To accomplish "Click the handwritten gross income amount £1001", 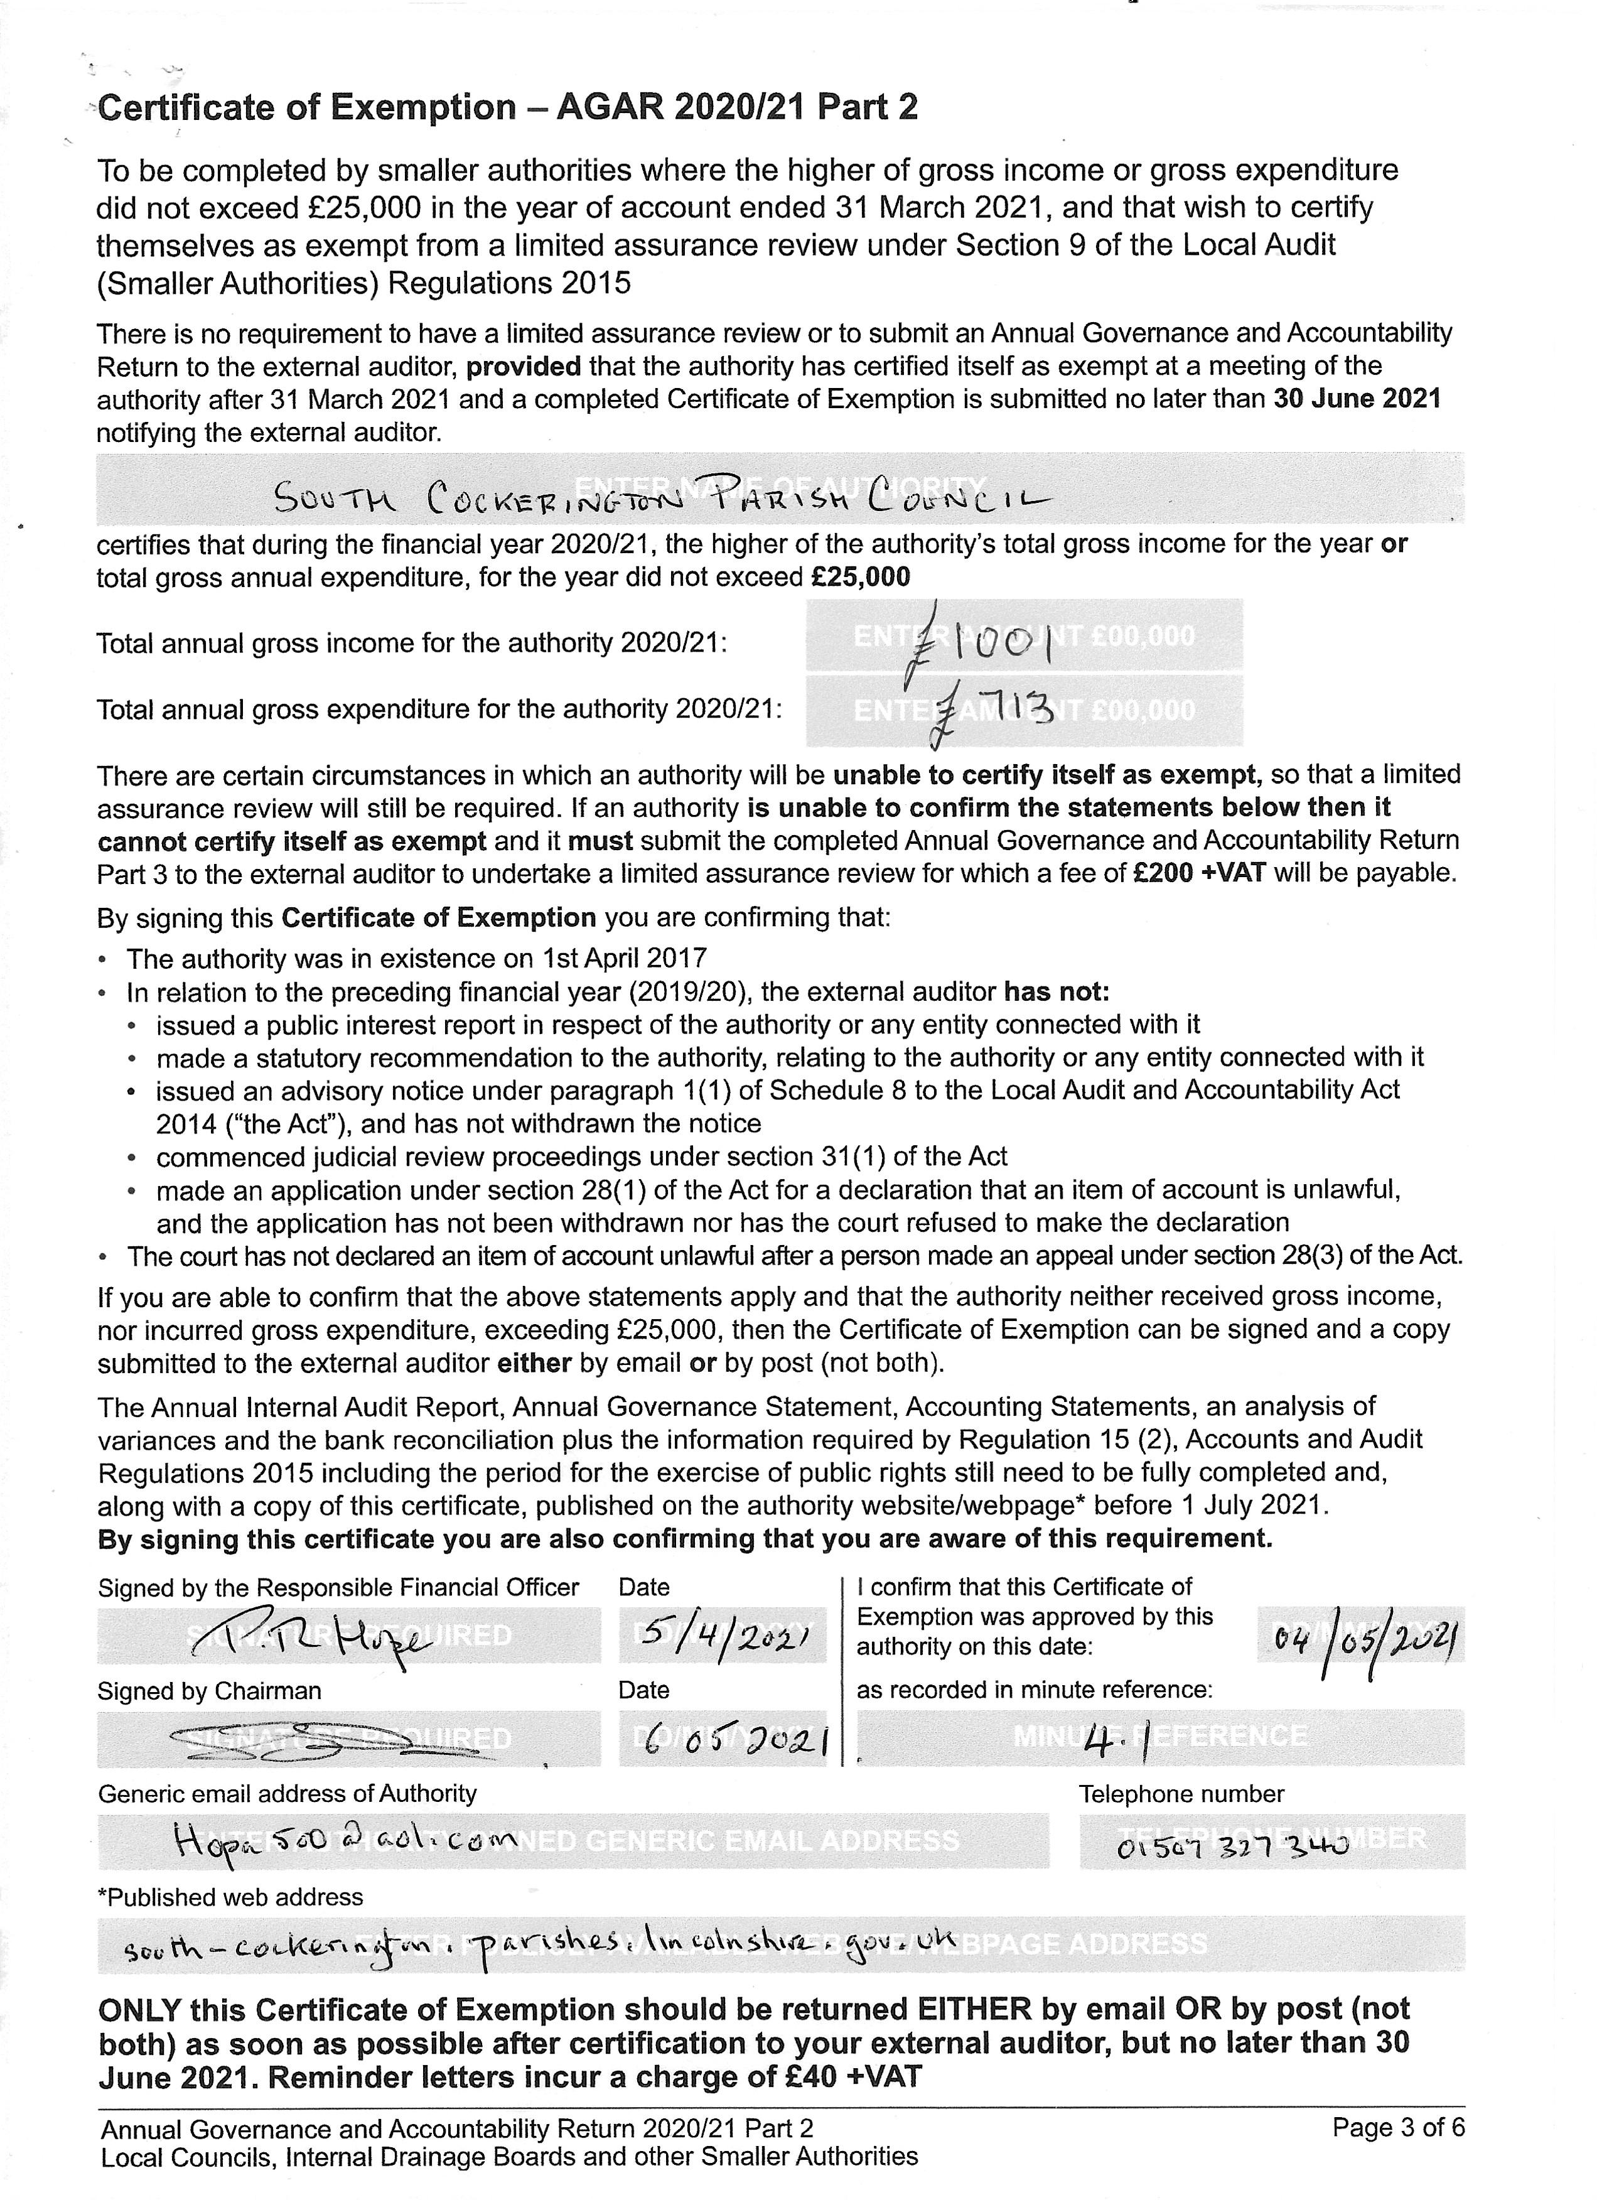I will pos(979,640).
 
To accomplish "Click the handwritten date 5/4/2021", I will pos(723,1636).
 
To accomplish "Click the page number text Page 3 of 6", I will pos(1398,2127).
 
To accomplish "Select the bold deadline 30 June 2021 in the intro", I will pos(1357,399).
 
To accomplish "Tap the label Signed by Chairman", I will pos(208,1691).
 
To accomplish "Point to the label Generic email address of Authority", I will pos(287,1794).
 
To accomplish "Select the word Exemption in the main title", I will pos(424,107).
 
